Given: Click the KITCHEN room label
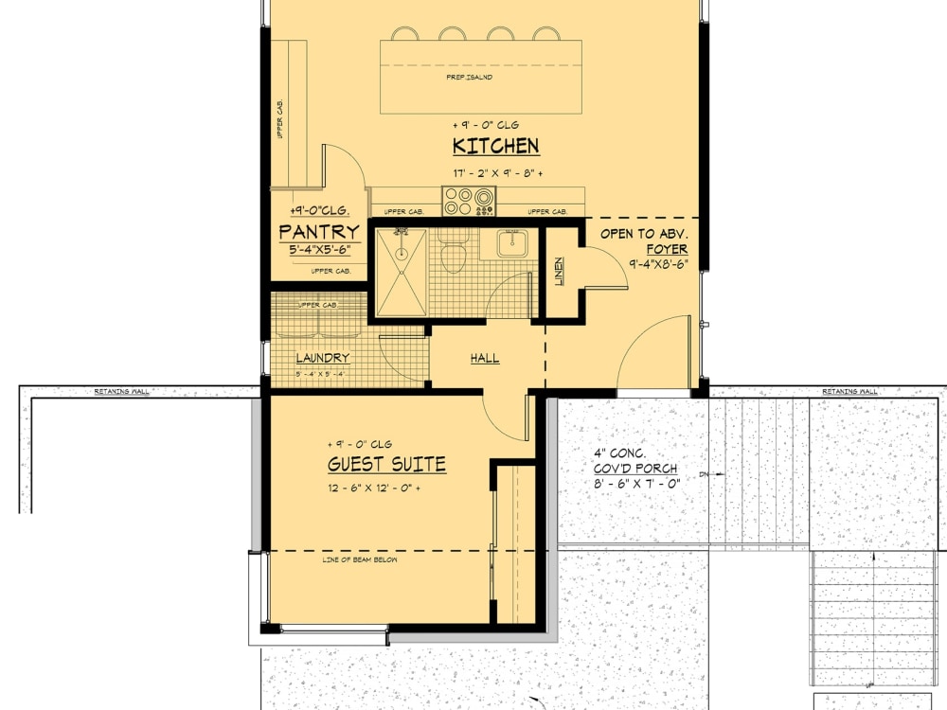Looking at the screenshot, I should [x=495, y=146].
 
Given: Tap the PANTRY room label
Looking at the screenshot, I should [x=319, y=232].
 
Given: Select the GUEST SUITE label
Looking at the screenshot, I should [x=386, y=465].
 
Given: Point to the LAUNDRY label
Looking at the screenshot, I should [x=323, y=359].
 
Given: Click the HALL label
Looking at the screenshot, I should [x=485, y=359].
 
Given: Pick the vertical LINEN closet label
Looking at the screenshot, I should [x=559, y=273].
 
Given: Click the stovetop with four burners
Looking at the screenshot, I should [x=470, y=201].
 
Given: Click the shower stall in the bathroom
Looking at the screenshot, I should [x=402, y=273].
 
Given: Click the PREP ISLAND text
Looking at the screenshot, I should [x=470, y=77].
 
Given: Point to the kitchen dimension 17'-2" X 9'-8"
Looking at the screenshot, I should [x=495, y=174].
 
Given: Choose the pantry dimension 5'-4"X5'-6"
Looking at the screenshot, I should [x=320, y=251].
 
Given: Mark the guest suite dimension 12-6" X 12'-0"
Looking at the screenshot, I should [x=373, y=488].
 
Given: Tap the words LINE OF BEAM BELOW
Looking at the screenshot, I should [x=360, y=560].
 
